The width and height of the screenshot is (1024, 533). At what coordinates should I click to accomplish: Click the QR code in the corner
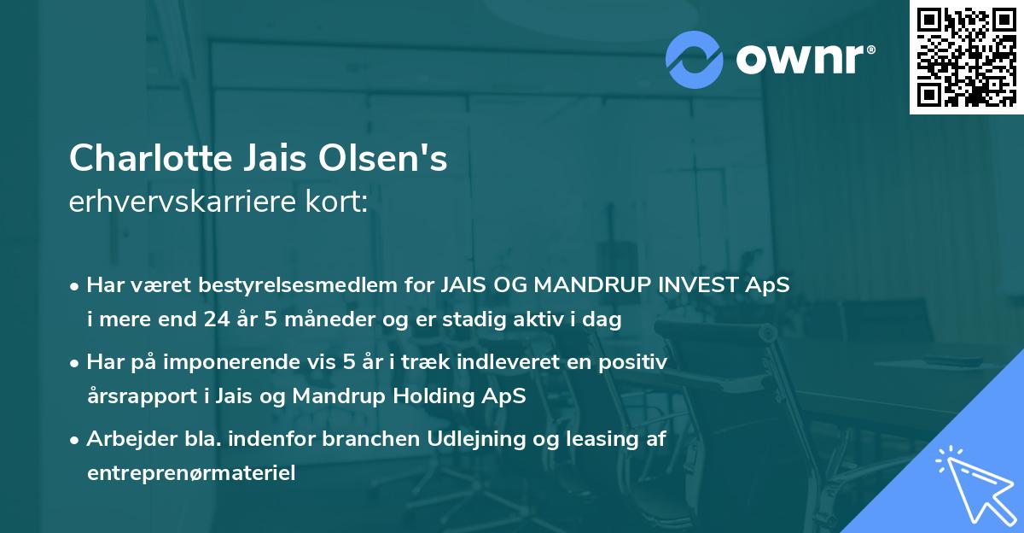pos(966,56)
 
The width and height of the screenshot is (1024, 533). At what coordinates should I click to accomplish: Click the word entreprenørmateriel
pos(191,473)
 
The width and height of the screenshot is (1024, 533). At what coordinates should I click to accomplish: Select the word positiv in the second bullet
pos(637,362)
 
